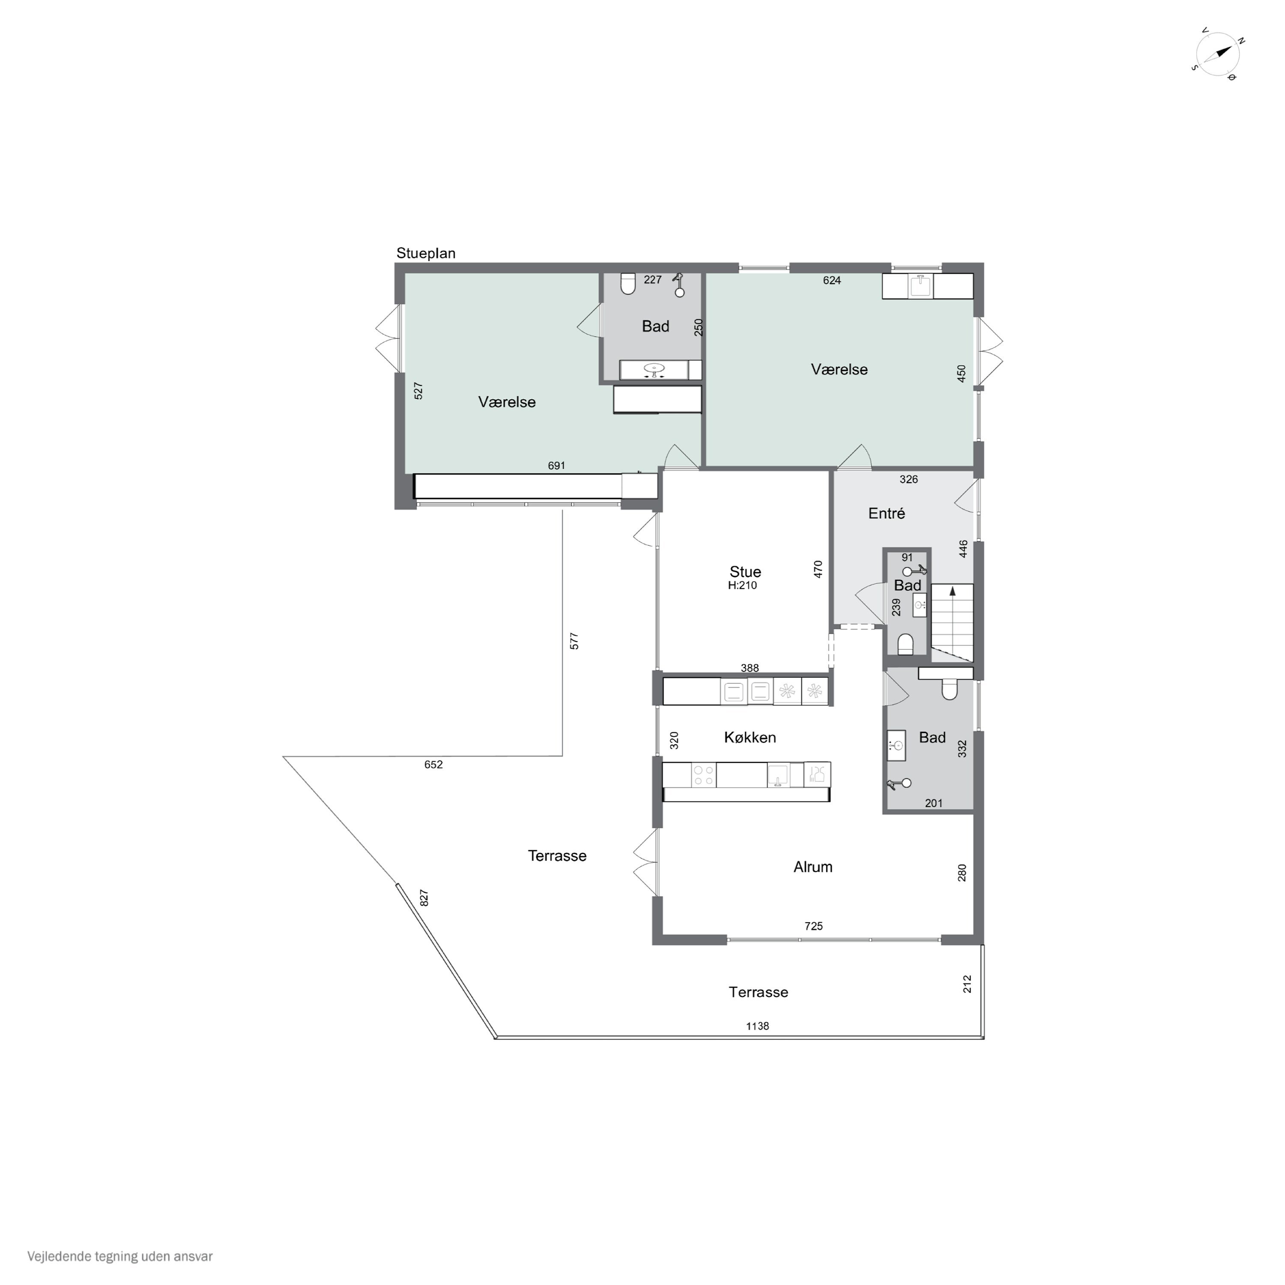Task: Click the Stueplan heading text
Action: (x=426, y=254)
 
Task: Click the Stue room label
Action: (x=745, y=572)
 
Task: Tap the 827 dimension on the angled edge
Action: (x=424, y=898)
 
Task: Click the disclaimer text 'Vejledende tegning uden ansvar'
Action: (x=120, y=1256)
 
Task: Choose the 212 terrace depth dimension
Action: (x=967, y=984)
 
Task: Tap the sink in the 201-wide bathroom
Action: (x=896, y=746)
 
